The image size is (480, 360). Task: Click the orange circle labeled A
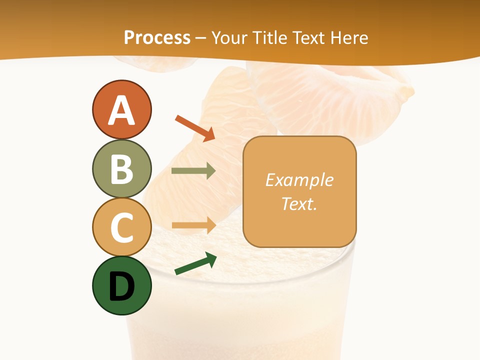click(x=121, y=109)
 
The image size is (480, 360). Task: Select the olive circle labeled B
click(x=121, y=168)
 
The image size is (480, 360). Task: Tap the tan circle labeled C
click(x=121, y=227)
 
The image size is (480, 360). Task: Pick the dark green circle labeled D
click(x=121, y=285)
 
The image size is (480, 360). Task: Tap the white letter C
click(x=121, y=227)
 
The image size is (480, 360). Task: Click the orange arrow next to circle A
click(x=195, y=128)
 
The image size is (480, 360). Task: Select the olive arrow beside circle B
click(x=193, y=171)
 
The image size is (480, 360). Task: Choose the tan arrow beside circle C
click(x=193, y=225)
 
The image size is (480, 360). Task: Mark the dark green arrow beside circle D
click(x=195, y=264)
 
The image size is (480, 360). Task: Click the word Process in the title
click(x=157, y=38)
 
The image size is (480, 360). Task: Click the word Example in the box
click(x=299, y=180)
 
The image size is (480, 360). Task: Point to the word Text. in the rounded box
click(x=299, y=203)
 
